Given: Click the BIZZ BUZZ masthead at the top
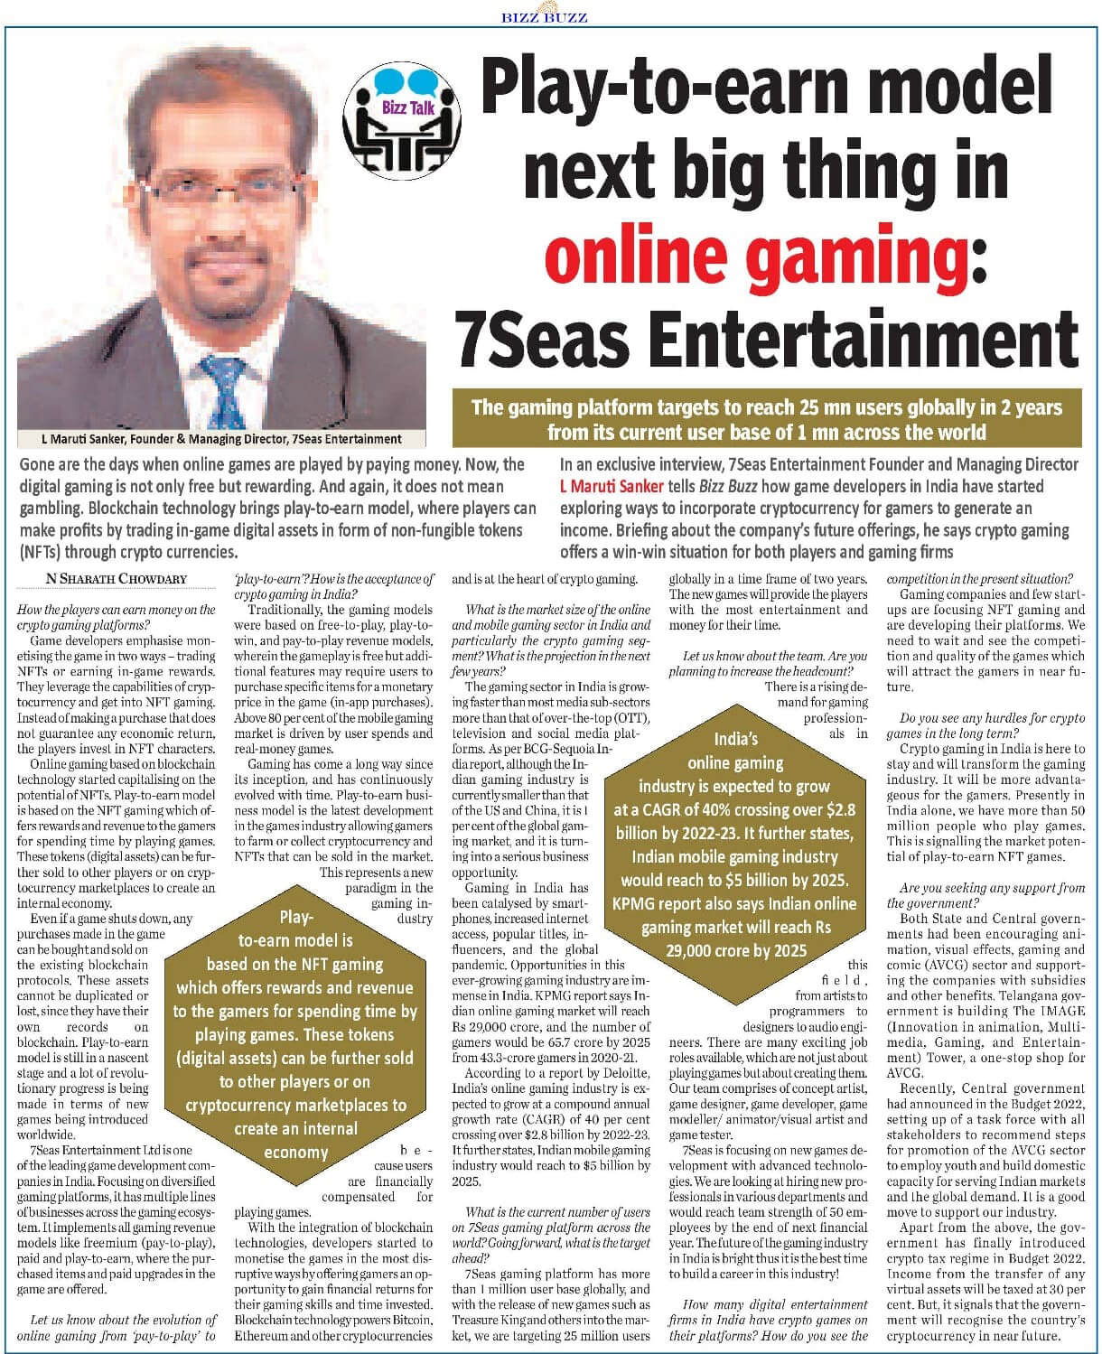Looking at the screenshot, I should (x=544, y=15).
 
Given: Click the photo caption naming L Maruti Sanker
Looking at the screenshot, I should (x=221, y=439).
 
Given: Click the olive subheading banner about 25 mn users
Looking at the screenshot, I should (x=766, y=419).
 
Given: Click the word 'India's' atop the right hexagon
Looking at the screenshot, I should (x=735, y=739).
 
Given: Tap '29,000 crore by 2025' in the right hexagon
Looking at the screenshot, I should (x=736, y=949).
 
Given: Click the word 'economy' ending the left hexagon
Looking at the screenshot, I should (x=295, y=1153).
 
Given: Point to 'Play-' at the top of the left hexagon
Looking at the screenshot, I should (x=295, y=917).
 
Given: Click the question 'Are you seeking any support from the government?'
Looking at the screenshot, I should (x=985, y=895).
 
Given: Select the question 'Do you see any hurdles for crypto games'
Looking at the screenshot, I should (x=985, y=725).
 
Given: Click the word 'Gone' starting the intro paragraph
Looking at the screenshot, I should (x=39, y=464).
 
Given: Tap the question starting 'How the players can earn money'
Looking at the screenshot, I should (x=117, y=616).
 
